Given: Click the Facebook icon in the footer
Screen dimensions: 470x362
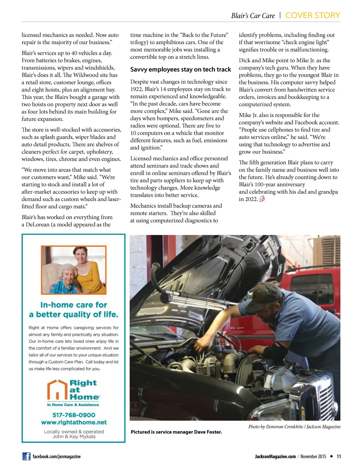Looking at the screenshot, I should [x=27, y=456].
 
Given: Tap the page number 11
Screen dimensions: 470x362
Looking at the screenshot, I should [x=339, y=456].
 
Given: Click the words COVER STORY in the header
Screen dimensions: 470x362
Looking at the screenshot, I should [x=313, y=16].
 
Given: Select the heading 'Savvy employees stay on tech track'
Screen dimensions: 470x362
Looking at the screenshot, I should [x=180, y=70].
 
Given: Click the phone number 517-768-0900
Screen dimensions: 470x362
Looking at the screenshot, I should [x=74, y=415].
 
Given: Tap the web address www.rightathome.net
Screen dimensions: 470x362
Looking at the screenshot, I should [x=74, y=422].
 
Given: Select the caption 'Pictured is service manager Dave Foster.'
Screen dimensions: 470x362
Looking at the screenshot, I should [x=176, y=432].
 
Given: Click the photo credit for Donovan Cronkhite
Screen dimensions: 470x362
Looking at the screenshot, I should [x=294, y=427].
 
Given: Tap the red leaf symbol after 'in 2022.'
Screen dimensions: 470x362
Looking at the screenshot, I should [x=262, y=199].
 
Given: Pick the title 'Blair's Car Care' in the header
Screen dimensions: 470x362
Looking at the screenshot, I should [x=253, y=16].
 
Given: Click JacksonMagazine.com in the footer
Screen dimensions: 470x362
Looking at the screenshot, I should [x=275, y=457].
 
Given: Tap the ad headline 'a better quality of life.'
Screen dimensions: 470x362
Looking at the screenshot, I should [x=74, y=315].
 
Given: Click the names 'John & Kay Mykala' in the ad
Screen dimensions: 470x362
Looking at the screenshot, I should [x=74, y=436].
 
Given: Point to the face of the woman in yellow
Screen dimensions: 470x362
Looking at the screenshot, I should [x=80, y=254].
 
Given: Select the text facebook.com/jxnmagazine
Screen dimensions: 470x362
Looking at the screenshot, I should [x=57, y=457].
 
